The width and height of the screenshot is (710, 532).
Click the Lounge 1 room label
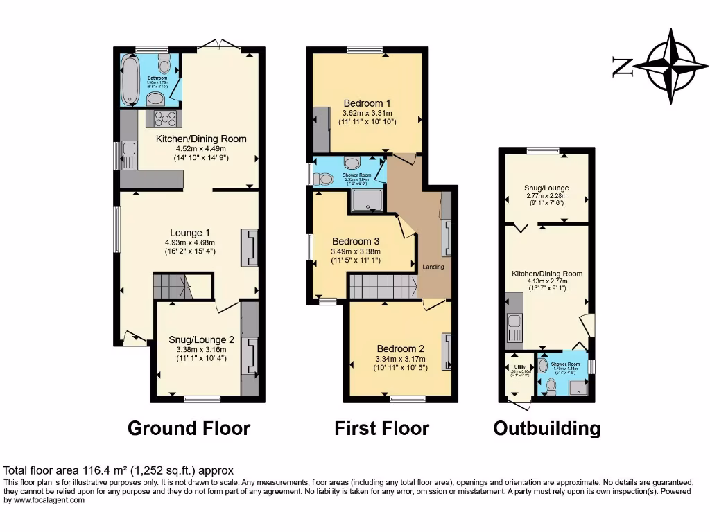point(190,233)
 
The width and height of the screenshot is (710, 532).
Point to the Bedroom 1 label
point(367,104)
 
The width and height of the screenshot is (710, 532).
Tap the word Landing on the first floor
point(433,267)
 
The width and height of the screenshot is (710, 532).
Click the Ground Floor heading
point(189,428)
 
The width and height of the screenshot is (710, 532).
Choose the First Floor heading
point(381,428)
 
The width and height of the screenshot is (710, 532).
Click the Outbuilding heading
point(546,428)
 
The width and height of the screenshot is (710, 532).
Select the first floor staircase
point(382,286)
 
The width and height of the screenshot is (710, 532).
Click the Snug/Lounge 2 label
point(201,340)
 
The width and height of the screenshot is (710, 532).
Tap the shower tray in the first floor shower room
point(367,200)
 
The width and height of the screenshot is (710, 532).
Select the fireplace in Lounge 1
point(250,247)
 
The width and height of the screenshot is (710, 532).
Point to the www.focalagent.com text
point(44,500)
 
